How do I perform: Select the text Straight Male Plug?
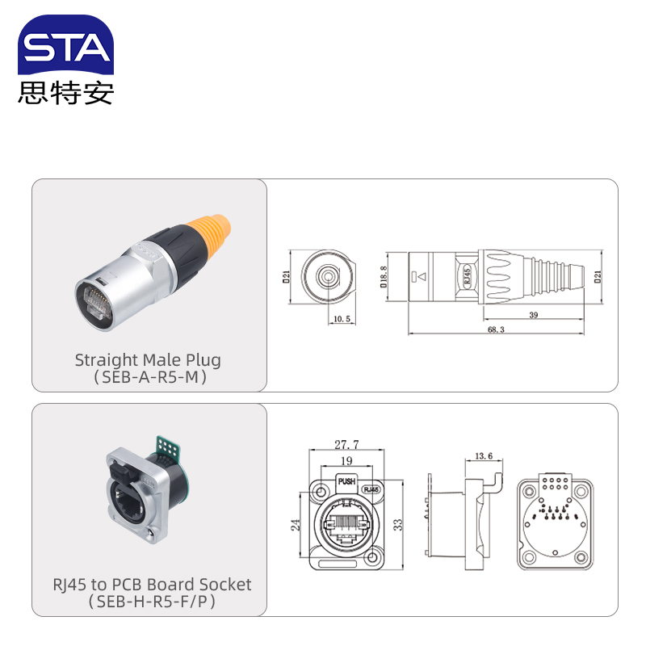[148, 359]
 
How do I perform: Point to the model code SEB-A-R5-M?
[148, 376]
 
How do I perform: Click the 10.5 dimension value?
[342, 320]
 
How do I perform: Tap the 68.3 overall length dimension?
[497, 329]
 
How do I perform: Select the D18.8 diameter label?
[384, 277]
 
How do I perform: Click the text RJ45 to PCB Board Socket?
[152, 584]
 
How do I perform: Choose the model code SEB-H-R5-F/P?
[152, 601]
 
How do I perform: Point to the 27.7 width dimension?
[346, 444]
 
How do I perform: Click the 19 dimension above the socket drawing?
[346, 461]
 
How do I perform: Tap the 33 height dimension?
[396, 524]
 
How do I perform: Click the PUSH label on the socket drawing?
[346, 482]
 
